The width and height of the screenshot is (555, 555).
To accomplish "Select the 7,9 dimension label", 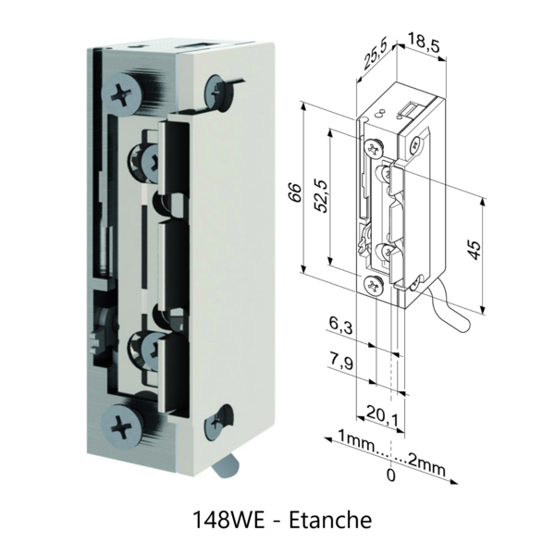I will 340,360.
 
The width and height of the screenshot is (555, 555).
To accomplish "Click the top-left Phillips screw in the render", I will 124,92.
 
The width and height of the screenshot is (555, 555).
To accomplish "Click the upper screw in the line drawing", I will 374,147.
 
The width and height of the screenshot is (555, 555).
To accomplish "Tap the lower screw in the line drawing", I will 373,285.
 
